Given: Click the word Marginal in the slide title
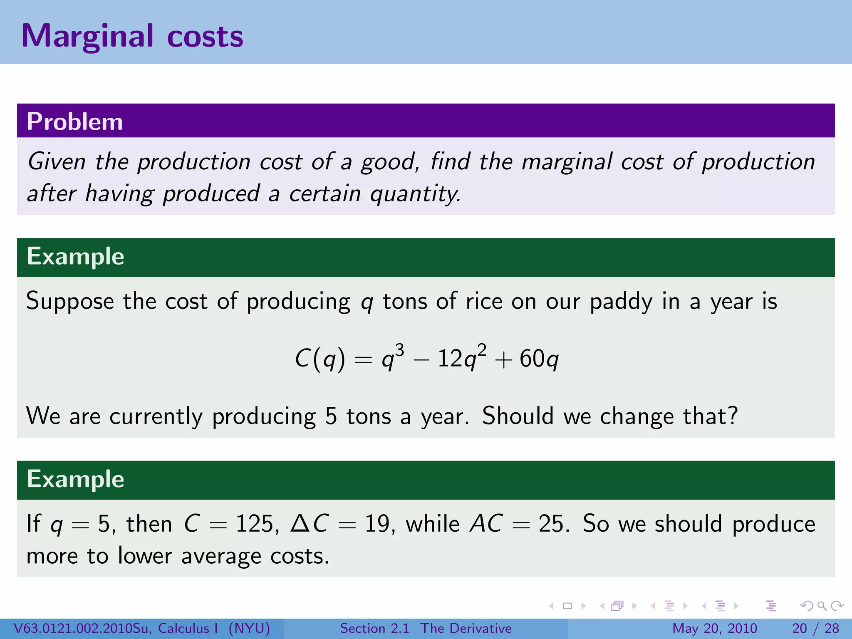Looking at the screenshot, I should pyautogui.click(x=87, y=37).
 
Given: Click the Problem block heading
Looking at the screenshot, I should pyautogui.click(x=75, y=121).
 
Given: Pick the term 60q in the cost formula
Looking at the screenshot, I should pyautogui.click(x=539, y=359).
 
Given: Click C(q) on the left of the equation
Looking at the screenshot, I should pyautogui.click(x=320, y=359).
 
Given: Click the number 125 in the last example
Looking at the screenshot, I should pyautogui.click(x=254, y=524).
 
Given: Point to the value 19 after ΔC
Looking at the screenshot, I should pyautogui.click(x=377, y=524).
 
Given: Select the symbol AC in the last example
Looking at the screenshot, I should pyautogui.click(x=486, y=524).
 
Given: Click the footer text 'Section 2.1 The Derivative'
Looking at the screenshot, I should pyautogui.click(x=426, y=628).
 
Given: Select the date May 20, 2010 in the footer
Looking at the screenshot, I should pyautogui.click(x=714, y=628).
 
